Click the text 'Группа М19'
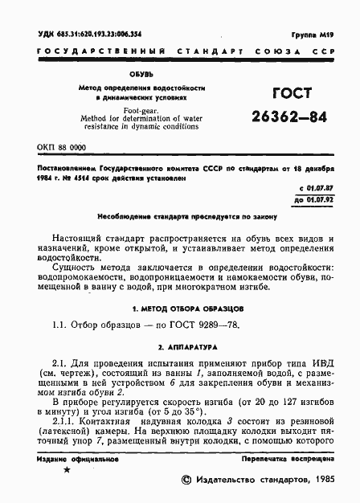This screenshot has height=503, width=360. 314,37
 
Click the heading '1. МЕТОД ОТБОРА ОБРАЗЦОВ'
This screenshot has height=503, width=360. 178,309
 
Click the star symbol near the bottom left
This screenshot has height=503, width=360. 66,469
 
